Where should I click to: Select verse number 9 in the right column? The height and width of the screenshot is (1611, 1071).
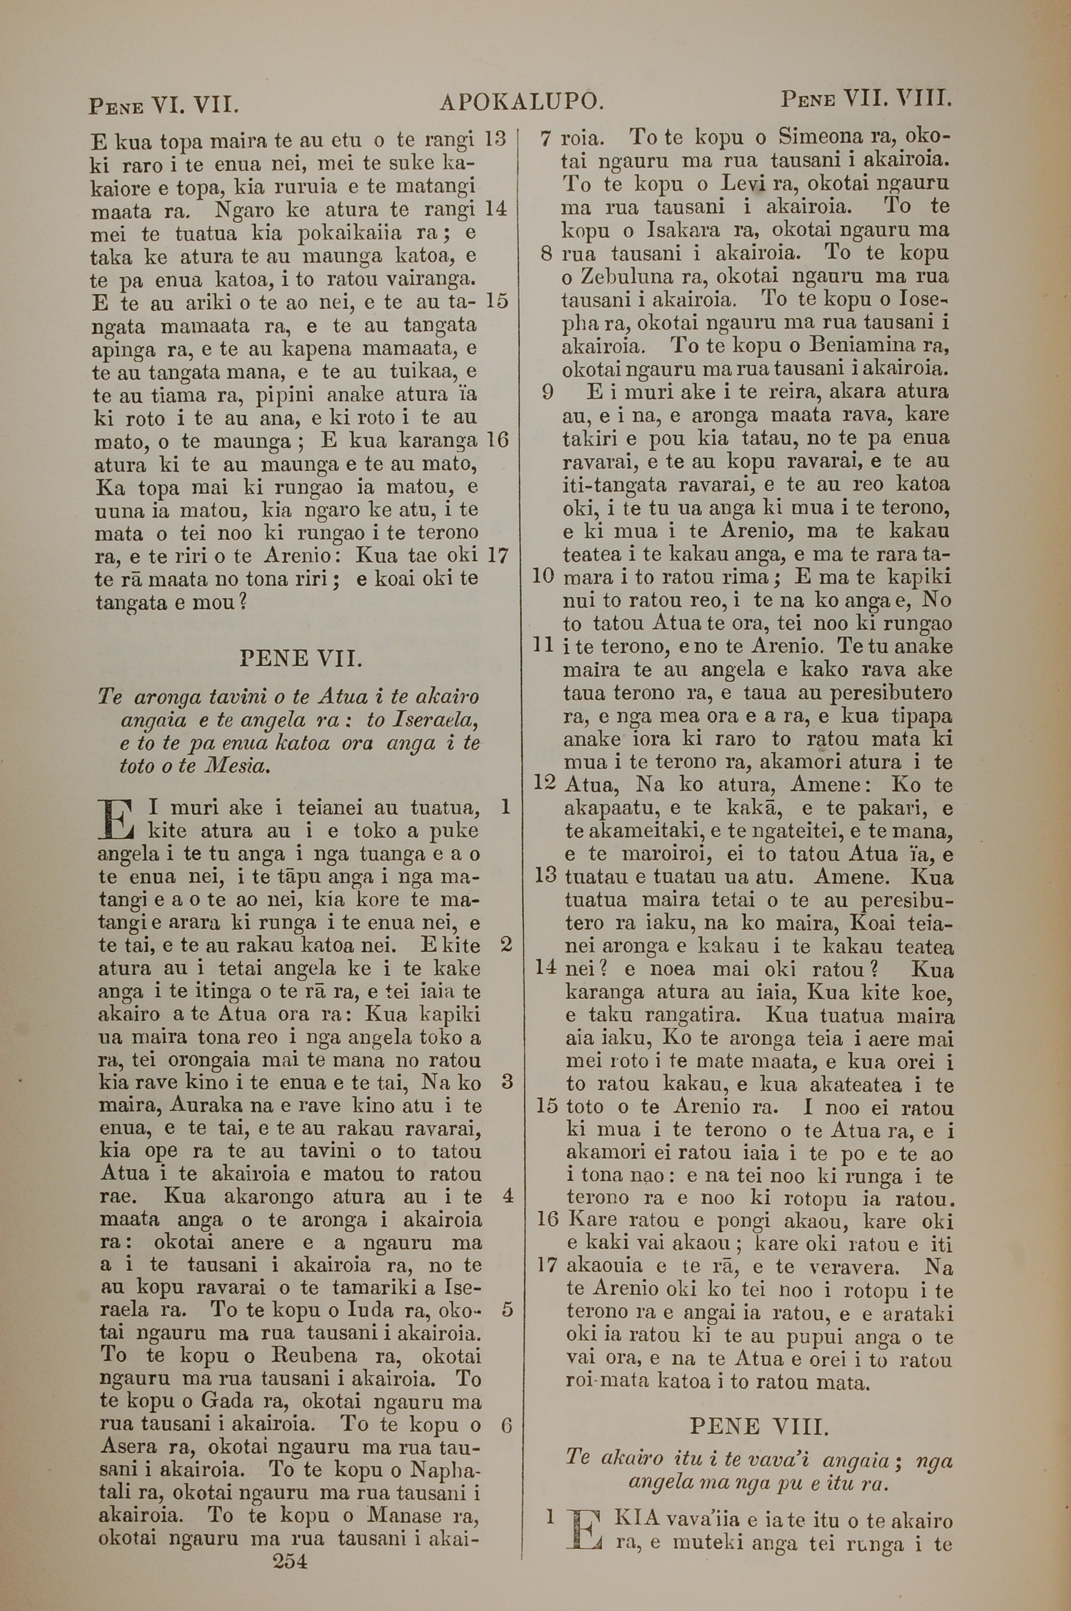coord(546,393)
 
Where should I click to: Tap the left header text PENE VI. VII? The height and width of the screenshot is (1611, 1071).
coord(163,106)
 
